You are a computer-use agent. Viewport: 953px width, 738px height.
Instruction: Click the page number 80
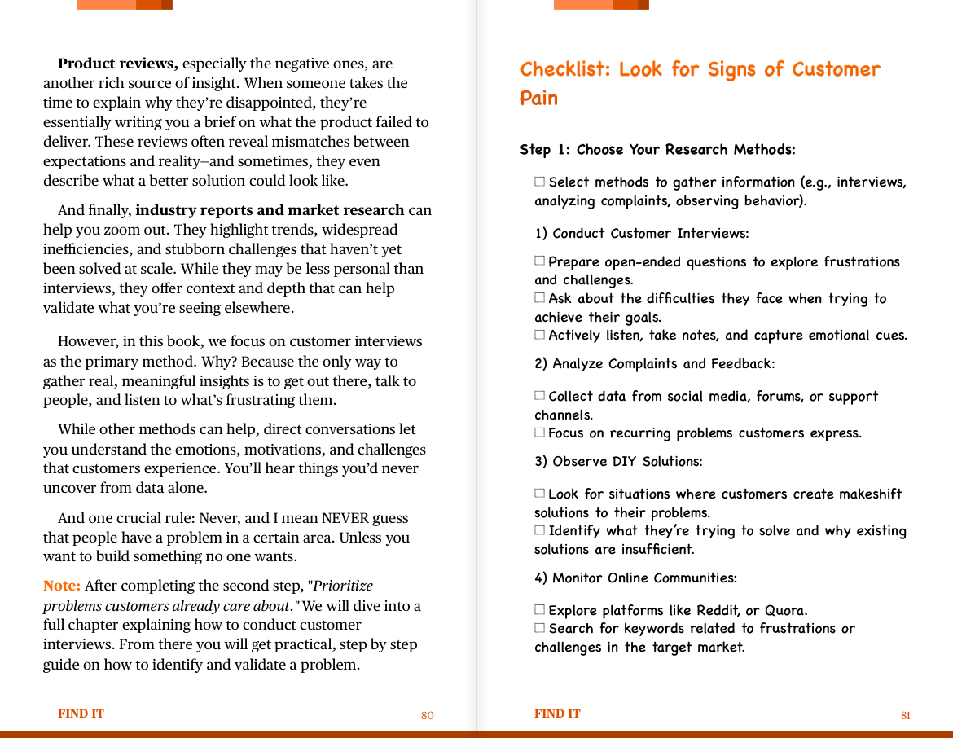coord(427,715)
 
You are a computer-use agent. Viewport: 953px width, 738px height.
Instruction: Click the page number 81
coord(905,715)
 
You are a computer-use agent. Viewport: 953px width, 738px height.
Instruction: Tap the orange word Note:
coord(62,586)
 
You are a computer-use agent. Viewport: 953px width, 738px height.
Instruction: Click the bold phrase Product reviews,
coord(118,64)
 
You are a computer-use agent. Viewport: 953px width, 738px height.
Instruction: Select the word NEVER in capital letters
coord(345,518)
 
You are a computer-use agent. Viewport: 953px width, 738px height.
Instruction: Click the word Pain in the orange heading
coord(539,99)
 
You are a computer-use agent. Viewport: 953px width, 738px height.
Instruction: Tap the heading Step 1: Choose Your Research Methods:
coord(657,150)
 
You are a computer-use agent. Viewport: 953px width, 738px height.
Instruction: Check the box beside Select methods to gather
coord(539,182)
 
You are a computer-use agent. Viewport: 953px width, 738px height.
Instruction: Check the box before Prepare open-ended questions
coord(539,261)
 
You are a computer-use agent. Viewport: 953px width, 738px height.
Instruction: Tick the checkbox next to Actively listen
coord(539,335)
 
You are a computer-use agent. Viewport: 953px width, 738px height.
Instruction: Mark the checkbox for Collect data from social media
coord(539,396)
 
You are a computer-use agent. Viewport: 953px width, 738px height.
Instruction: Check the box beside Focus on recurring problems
coord(539,433)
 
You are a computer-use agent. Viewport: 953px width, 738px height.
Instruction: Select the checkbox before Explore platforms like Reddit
coord(539,609)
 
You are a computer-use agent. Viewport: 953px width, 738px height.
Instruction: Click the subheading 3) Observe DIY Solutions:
coord(618,461)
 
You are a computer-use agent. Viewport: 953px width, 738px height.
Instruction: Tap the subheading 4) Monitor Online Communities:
coord(635,578)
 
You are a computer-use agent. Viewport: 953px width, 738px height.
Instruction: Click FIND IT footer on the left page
coord(81,714)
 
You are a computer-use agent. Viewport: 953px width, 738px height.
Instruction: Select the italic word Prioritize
coord(343,586)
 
